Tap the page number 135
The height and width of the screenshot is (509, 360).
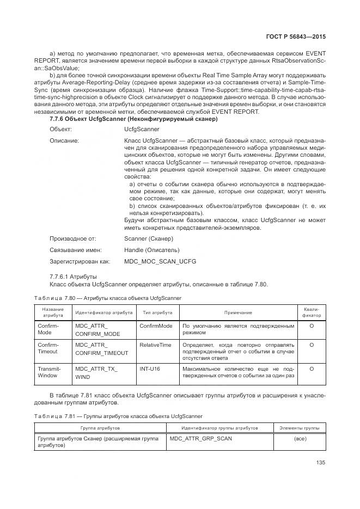coord(320,463)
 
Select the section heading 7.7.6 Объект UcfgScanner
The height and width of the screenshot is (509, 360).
coord(133,119)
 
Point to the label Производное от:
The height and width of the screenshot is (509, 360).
coord(73,238)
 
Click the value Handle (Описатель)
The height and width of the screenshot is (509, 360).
coord(151,250)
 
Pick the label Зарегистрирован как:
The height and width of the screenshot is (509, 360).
coord(80,261)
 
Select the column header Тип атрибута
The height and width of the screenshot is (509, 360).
coord(157,313)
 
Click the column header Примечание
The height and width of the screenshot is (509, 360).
coord(238,313)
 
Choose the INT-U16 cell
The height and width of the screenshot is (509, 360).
coord(150,369)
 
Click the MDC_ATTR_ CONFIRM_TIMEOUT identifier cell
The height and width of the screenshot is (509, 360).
coord(102,349)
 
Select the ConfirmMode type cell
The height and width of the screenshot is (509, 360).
coord(156,326)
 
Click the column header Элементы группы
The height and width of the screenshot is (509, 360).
coord(299,428)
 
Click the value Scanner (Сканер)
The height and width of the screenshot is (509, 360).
coord(149,238)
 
